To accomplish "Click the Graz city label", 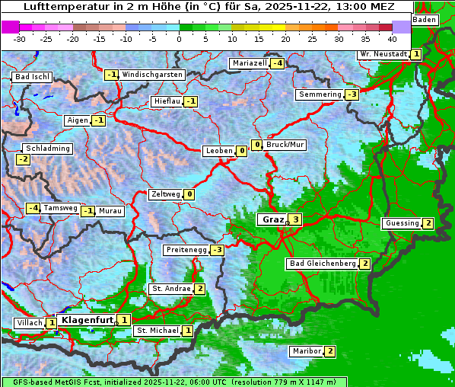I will pos(272,219).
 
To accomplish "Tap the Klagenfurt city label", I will pos(87,320).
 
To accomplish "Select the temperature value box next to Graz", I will pos(296,220).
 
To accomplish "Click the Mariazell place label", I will pos(250,63).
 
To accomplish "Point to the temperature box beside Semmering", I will pos(352,94).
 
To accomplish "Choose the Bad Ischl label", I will pos(32,77).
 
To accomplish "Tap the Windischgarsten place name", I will pos(152,75).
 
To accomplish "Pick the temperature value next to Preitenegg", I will pos(218,250).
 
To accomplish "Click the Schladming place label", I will pos(47,149).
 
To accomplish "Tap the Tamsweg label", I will pos(60,208).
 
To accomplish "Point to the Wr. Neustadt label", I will pos(383,54).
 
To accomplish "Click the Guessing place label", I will pos(402,223).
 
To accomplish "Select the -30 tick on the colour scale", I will pos(20,38).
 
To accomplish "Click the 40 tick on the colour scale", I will pos(392,38).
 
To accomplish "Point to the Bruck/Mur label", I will pos(285,145).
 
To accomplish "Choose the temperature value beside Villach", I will pos(52,323).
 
